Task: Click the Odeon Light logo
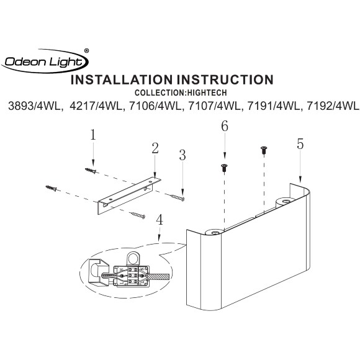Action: (45, 61)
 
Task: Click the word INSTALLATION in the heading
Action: (122, 79)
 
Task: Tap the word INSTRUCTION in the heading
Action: (225, 79)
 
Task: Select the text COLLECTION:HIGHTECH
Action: (181, 92)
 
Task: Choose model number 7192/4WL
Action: (333, 106)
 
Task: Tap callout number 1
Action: (92, 135)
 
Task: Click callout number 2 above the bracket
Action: (155, 148)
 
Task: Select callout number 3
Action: (182, 155)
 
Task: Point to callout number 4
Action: (160, 220)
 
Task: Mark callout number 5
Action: (300, 144)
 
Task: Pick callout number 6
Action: (225, 126)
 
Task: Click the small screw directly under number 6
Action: (224, 168)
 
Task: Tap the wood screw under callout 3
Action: (178, 197)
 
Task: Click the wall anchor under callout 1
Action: (91, 171)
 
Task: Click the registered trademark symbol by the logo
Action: (86, 51)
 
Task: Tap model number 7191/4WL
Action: (274, 106)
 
